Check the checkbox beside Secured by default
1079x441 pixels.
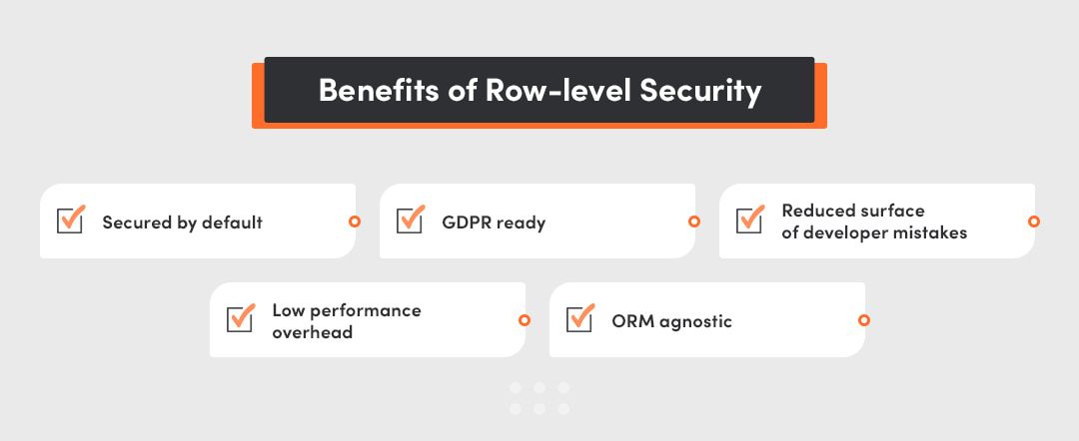(70, 221)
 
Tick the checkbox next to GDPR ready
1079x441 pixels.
(410, 221)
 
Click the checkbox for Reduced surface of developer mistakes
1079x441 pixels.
(749, 221)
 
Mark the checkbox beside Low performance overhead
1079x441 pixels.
(240, 320)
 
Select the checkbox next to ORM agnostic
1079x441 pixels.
(579, 320)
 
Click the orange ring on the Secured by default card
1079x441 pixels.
(354, 221)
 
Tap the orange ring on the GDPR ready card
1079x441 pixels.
(693, 221)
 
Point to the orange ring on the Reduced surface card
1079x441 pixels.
(1034, 221)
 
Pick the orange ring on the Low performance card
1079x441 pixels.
(525, 320)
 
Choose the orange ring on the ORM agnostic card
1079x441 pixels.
(864, 320)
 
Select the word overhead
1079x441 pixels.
(312, 332)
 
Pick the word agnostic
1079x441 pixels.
(695, 322)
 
